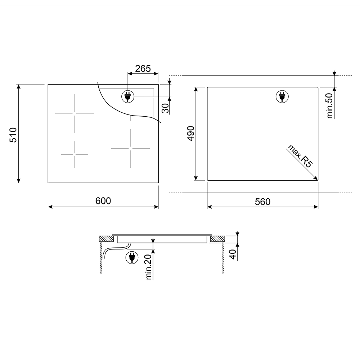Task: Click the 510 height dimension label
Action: [x=13, y=135]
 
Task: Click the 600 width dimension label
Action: [x=103, y=201]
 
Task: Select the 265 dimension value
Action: [x=143, y=69]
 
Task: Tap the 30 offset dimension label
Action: [x=165, y=108]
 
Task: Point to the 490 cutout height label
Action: [x=191, y=134]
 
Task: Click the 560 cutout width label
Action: [x=263, y=202]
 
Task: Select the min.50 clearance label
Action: [x=330, y=105]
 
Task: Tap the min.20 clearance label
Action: [x=149, y=267]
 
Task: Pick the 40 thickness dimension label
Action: [x=233, y=255]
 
